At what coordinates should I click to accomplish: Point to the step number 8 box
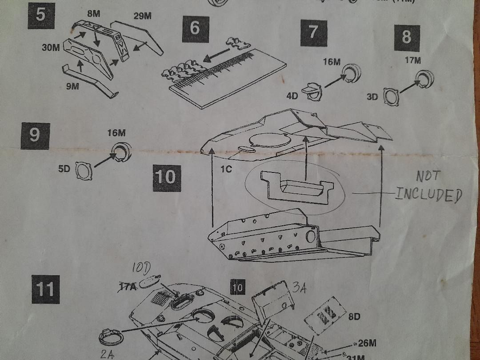pyautogui.click(x=407, y=38)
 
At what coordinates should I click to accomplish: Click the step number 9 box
pyautogui.click(x=35, y=135)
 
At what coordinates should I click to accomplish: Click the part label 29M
pyautogui.click(x=142, y=16)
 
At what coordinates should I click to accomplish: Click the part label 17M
pyautogui.click(x=413, y=61)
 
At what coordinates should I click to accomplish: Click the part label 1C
pyautogui.click(x=227, y=169)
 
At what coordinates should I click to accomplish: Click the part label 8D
pyautogui.click(x=354, y=317)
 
